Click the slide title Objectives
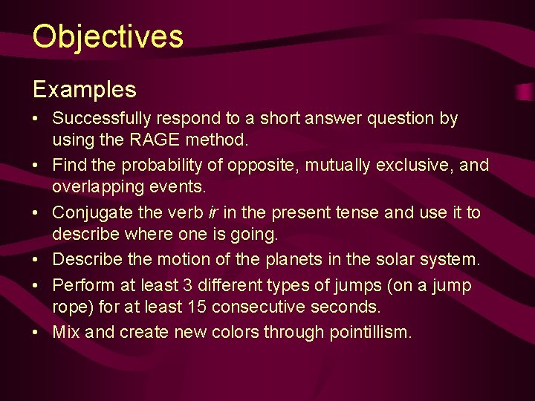point(108,36)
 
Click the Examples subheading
point(85,90)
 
